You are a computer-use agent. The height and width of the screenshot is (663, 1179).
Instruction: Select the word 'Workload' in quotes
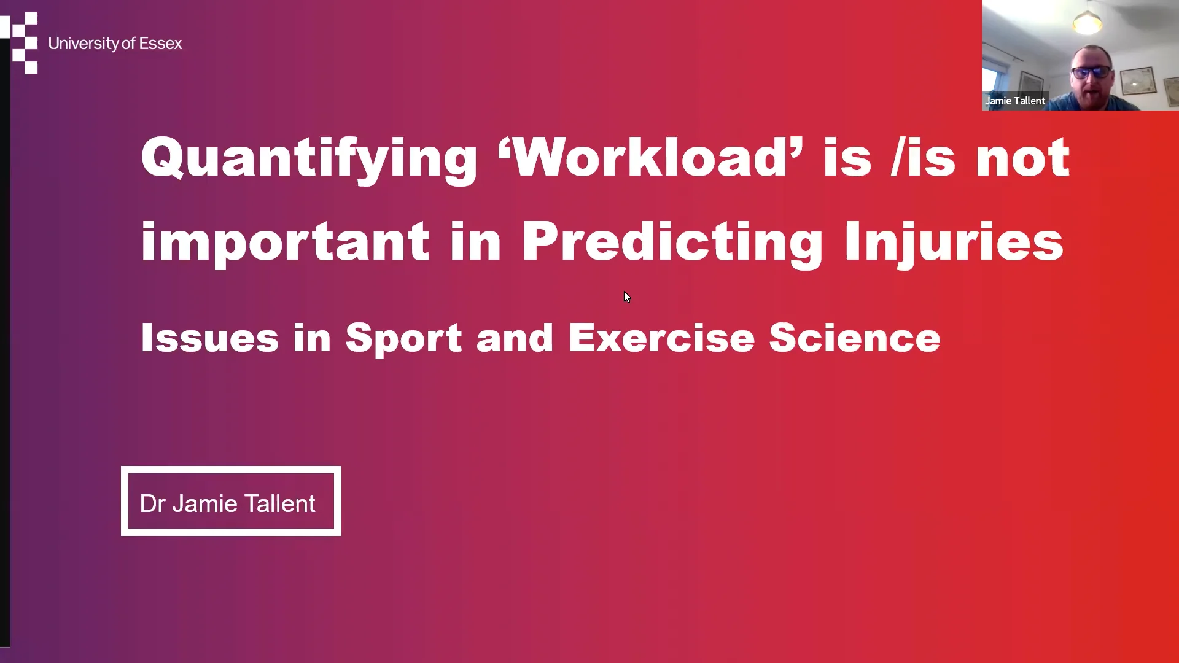650,158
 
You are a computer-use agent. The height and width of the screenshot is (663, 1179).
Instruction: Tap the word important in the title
285,242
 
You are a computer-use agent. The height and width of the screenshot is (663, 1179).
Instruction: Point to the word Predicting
672,242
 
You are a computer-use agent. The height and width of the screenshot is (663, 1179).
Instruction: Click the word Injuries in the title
954,242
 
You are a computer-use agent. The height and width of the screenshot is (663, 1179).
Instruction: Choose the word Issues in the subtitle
209,338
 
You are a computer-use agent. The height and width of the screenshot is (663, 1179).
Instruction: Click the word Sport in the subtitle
403,338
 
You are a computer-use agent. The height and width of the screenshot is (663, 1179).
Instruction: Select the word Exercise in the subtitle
661,338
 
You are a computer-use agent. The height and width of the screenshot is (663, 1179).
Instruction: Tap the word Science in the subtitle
854,338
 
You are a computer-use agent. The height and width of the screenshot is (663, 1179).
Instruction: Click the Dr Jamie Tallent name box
231,501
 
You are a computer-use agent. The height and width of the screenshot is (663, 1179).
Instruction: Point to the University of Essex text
115,44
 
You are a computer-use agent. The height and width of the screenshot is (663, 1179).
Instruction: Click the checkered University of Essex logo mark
23,43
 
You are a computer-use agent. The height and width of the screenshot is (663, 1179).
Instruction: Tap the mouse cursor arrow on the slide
626,297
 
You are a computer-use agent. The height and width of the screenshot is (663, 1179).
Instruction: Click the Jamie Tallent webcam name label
1015,101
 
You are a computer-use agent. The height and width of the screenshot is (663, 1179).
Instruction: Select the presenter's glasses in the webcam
1092,72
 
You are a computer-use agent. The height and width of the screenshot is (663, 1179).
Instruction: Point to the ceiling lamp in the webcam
1087,23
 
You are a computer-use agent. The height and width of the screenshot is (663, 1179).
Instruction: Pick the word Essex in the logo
161,44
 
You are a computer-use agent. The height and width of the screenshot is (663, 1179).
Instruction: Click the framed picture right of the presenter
1138,80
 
